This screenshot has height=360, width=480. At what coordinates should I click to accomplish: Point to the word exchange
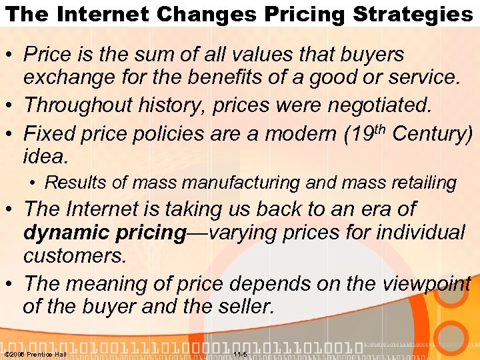71,77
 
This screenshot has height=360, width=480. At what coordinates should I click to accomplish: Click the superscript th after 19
378,127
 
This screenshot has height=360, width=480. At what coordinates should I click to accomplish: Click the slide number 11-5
240,354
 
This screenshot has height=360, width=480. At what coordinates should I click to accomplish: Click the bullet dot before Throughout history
11,105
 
